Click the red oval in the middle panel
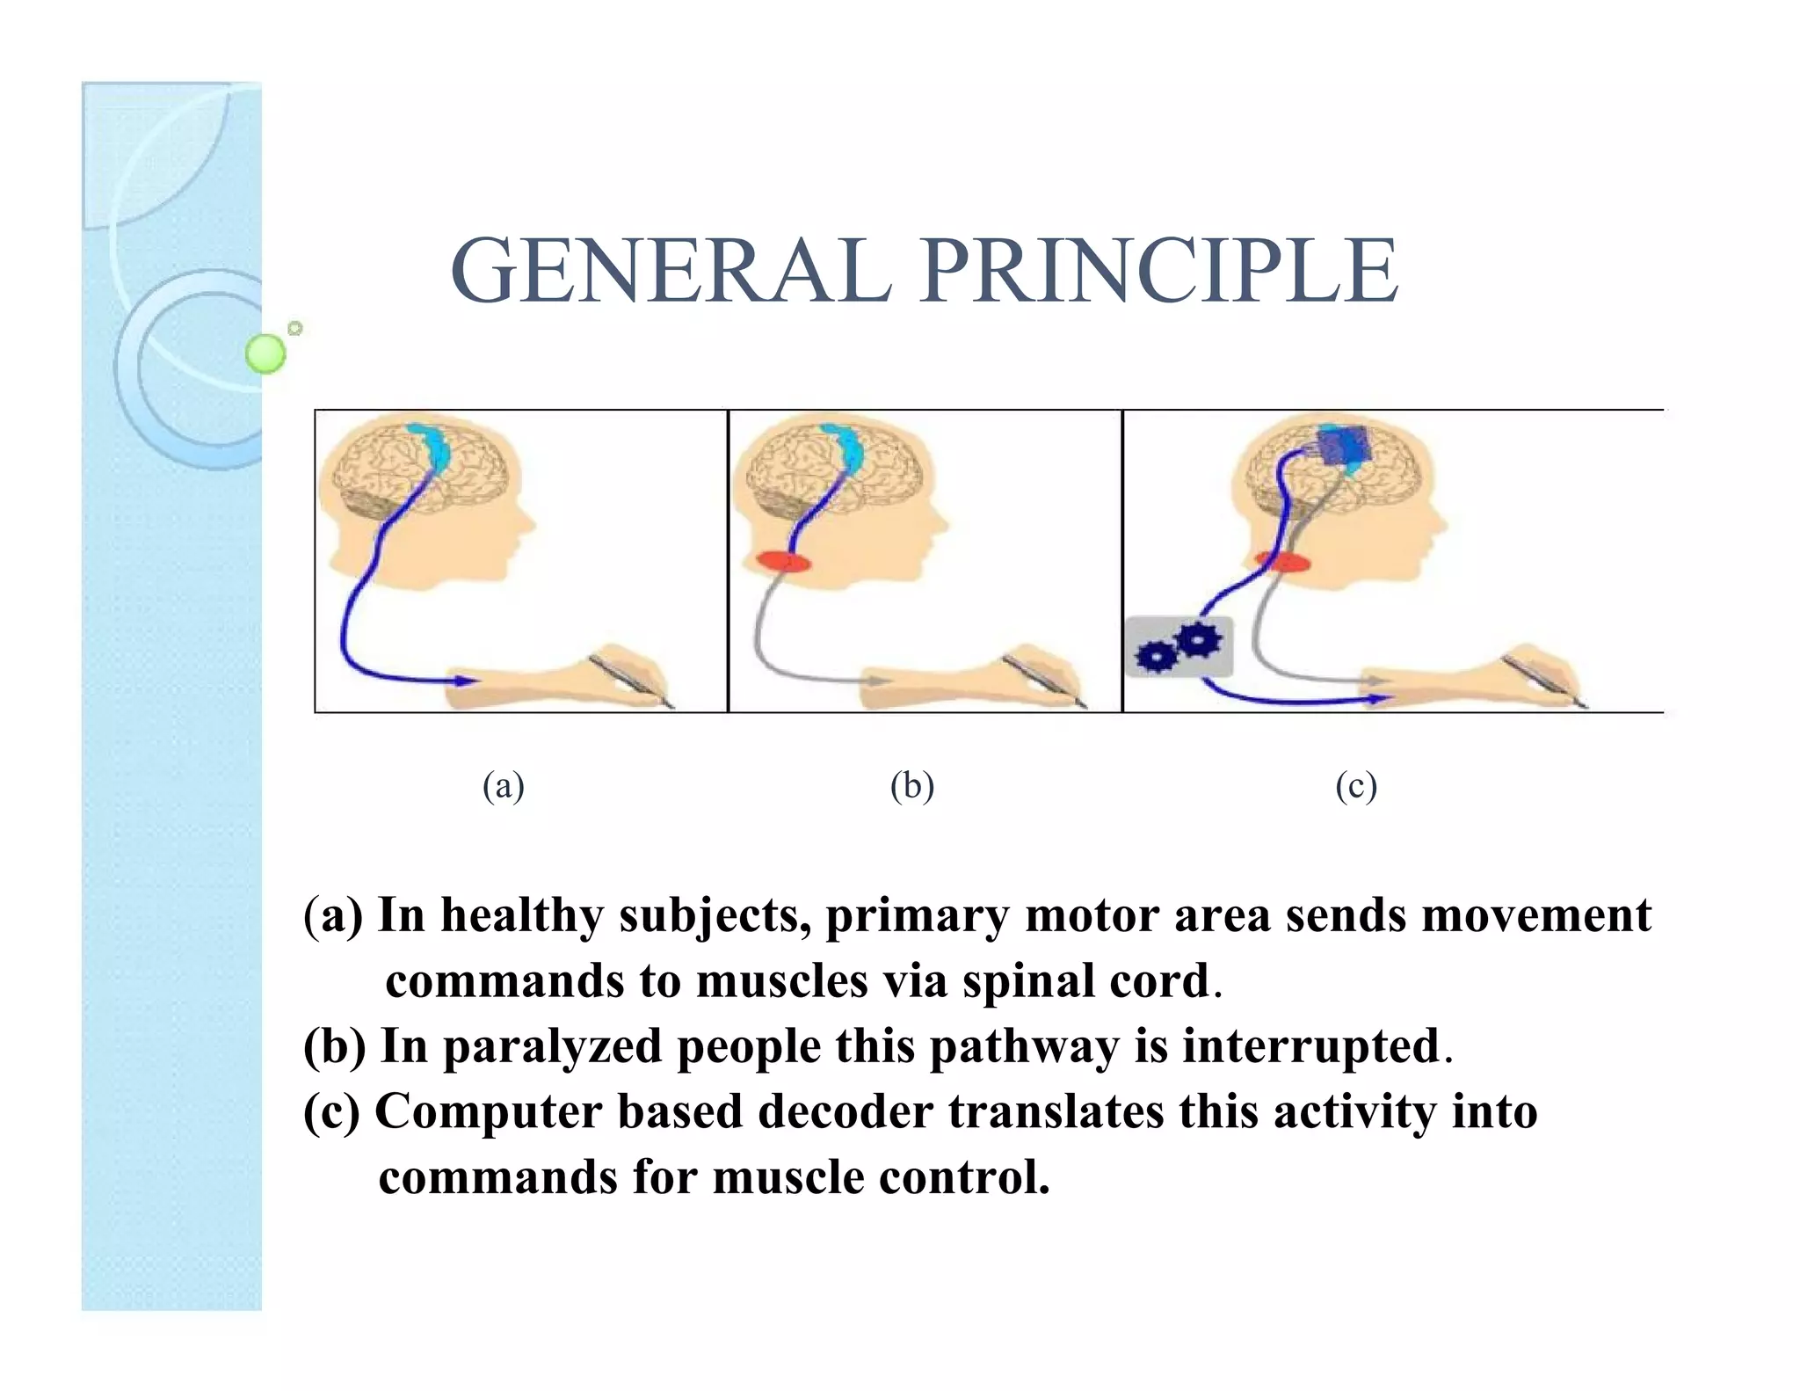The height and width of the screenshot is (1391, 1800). tap(784, 561)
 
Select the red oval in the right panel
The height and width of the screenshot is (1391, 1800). tap(1281, 561)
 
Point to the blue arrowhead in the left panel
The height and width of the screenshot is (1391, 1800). tap(464, 681)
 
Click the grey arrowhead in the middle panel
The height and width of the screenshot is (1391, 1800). tap(878, 681)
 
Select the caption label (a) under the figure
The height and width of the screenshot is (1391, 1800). tap(504, 785)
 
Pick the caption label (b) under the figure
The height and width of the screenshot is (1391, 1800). tap(911, 785)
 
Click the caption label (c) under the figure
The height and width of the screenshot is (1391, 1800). tap(1355, 785)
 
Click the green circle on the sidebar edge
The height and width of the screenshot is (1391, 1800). tap(265, 353)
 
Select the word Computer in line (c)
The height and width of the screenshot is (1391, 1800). tap(488, 1111)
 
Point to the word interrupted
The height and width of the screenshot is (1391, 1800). tap(1310, 1046)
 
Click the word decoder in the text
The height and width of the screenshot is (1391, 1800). tap(846, 1111)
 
